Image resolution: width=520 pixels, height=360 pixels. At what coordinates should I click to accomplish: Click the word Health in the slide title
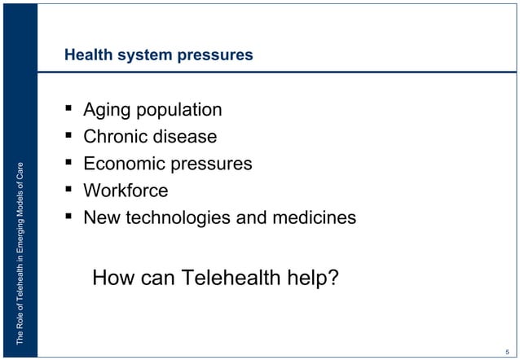pyautogui.click(x=87, y=56)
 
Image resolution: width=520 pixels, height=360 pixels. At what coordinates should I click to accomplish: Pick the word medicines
pyautogui.click(x=314, y=217)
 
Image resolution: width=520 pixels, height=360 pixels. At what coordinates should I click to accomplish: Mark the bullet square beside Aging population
pyautogui.click(x=71, y=108)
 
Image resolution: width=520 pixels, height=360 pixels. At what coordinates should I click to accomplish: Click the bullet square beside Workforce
pyautogui.click(x=71, y=190)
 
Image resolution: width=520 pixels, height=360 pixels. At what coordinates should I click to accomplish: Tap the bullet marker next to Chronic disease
pyautogui.click(x=71, y=135)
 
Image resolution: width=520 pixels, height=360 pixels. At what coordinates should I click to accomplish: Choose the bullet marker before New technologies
pyautogui.click(x=71, y=217)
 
